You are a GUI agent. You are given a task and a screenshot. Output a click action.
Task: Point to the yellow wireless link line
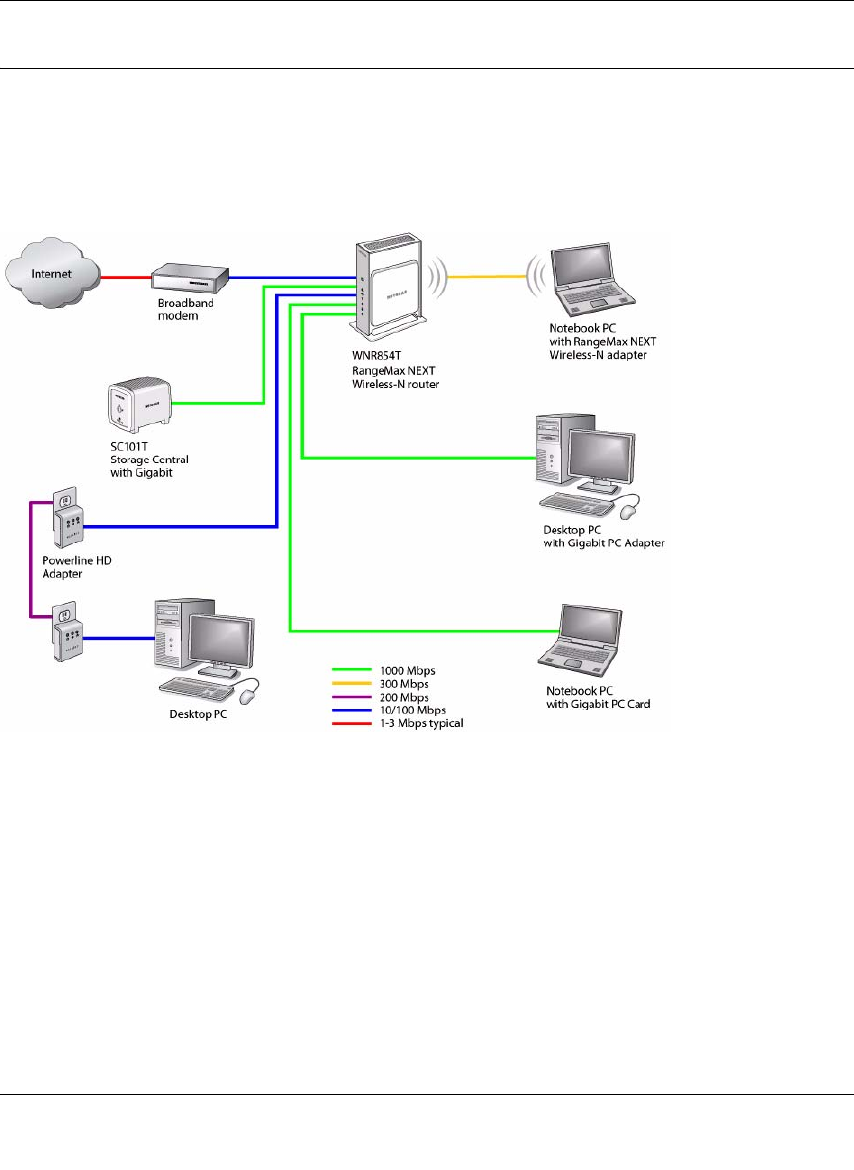[484, 277]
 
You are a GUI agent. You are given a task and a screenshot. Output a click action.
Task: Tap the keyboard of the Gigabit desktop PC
[580, 501]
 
